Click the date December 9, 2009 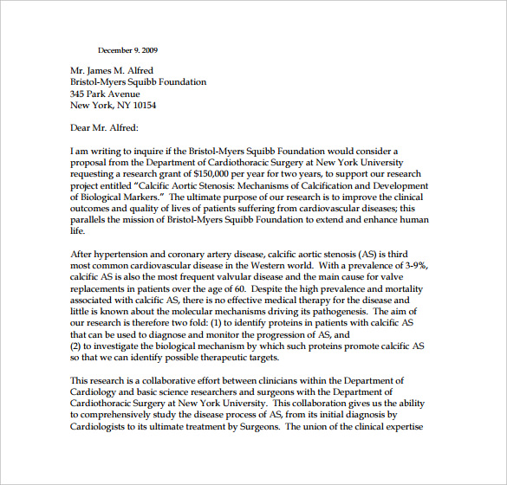tap(127, 50)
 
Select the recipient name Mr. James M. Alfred tap(120, 70)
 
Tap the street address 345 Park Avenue tap(105, 94)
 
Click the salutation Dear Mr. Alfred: tap(103, 128)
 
